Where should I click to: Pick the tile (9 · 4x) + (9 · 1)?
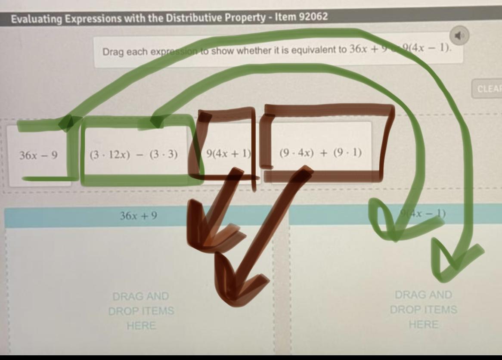click(x=320, y=153)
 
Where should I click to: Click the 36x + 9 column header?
click(x=139, y=215)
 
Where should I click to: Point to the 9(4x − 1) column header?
click(x=422, y=213)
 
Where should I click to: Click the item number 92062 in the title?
click(x=313, y=17)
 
